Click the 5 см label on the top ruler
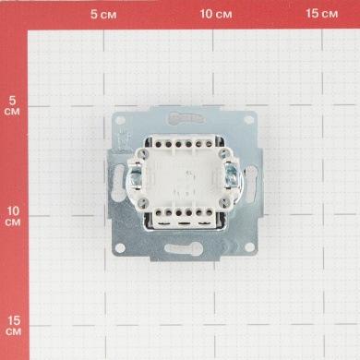tap(103, 14)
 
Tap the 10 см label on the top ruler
tap(216, 14)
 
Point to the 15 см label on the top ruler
tap(322, 14)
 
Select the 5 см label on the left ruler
tap(12, 105)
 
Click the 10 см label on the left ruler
tap(13, 216)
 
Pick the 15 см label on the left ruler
tap(14, 326)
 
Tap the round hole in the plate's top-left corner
tap(120, 120)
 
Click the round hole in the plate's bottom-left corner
tap(120, 247)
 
